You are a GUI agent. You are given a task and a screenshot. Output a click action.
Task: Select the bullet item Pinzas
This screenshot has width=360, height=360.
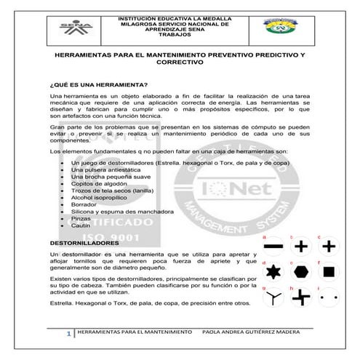point(81,219)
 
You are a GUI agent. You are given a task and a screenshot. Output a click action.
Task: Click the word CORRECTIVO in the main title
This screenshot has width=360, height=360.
point(178,63)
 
